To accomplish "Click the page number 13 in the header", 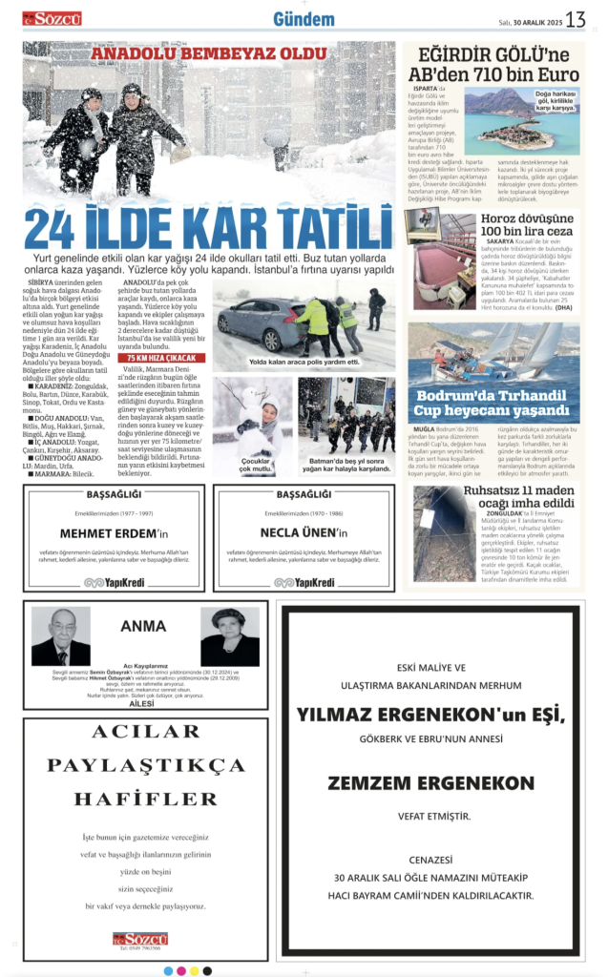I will pyautogui.click(x=576, y=19).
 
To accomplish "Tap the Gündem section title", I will pyautogui.click(x=304, y=19).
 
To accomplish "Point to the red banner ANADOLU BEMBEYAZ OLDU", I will pyautogui.click(x=209, y=54).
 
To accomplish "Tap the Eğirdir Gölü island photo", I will pyautogui.click(x=522, y=121).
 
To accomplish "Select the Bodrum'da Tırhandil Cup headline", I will pyautogui.click(x=493, y=404).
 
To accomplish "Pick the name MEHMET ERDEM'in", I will pyautogui.click(x=114, y=533).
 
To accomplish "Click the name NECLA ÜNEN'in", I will pyautogui.click(x=303, y=533).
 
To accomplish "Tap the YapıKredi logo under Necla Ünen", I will pyautogui.click(x=304, y=582).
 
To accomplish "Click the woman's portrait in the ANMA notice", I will pyautogui.click(x=229, y=636).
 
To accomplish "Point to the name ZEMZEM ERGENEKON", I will pyautogui.click(x=430, y=782).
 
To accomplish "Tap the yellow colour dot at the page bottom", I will pyautogui.click(x=195, y=970).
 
